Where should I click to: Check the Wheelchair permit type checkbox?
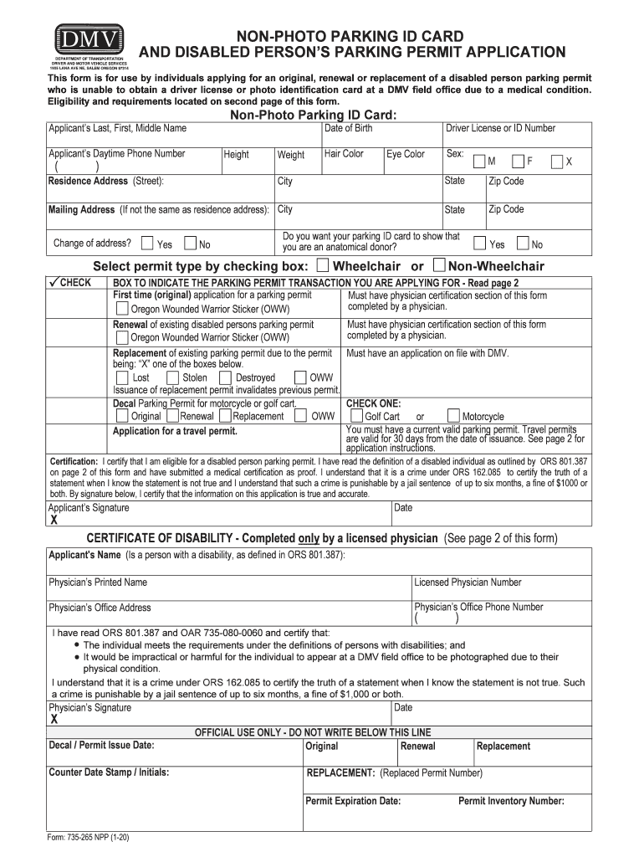pyautogui.click(x=323, y=266)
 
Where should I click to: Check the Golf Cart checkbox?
pyautogui.click(x=356, y=416)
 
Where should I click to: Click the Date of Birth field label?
pyautogui.click(x=348, y=129)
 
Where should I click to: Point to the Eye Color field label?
pyautogui.click(x=405, y=154)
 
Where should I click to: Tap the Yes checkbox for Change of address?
pyautogui.click(x=148, y=244)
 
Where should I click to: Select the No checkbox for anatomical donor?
pyautogui.click(x=523, y=244)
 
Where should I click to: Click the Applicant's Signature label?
pyautogui.click(x=89, y=508)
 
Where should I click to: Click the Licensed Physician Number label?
pyautogui.click(x=468, y=582)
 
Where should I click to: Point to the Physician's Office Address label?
pyautogui.click(x=100, y=608)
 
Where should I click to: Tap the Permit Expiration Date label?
pyautogui.click(x=353, y=801)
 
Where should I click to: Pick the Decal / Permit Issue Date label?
pyautogui.click(x=101, y=745)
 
